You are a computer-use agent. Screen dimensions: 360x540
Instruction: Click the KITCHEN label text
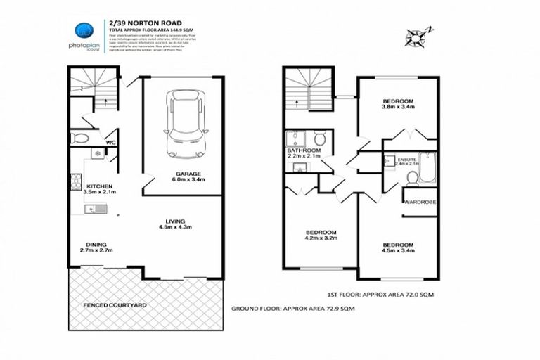(x=98, y=186)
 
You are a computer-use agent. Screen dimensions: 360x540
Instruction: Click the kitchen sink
(x=94, y=207)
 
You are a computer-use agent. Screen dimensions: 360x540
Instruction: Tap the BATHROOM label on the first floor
(x=304, y=150)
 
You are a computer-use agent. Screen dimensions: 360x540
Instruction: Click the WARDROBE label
(x=420, y=202)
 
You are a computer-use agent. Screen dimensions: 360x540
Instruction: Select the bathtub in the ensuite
(x=426, y=162)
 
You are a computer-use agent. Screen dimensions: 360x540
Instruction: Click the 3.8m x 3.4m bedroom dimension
(x=398, y=107)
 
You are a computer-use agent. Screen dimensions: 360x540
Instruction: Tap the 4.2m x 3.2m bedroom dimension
(x=321, y=238)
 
